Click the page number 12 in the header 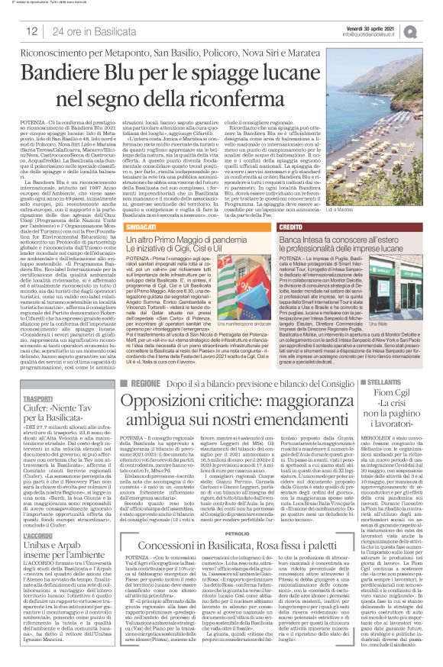[x=31, y=31]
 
